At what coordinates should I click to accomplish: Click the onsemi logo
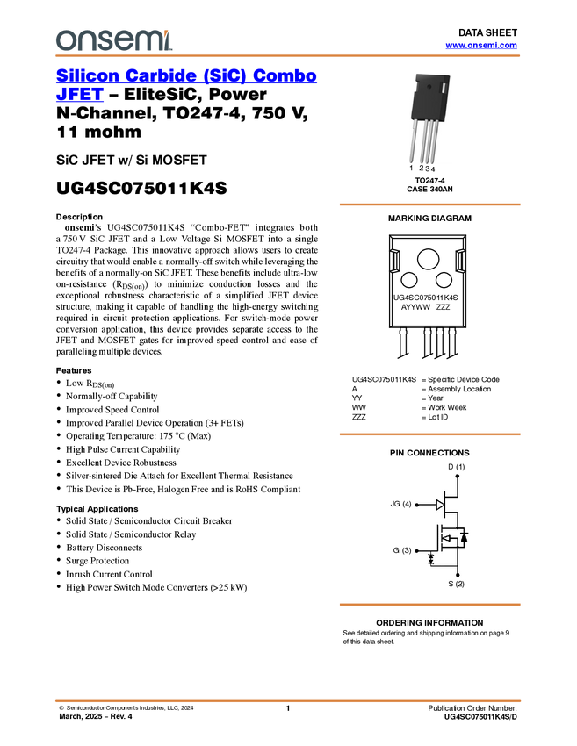(x=112, y=39)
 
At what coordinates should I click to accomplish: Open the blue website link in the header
(x=481, y=46)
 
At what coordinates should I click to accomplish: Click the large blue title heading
(x=186, y=76)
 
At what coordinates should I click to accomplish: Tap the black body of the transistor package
(x=429, y=101)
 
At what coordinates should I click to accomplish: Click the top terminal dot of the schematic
(x=458, y=476)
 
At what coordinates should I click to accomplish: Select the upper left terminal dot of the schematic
(x=416, y=505)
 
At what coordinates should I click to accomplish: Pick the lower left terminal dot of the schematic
(x=416, y=551)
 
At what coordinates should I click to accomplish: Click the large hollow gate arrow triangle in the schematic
(x=440, y=505)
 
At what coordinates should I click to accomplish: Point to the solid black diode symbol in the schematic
(x=464, y=536)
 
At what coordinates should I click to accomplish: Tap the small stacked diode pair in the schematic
(x=430, y=558)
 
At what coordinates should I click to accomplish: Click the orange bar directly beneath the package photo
(x=429, y=204)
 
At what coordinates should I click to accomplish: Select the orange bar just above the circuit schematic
(x=429, y=434)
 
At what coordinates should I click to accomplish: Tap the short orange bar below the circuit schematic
(x=429, y=605)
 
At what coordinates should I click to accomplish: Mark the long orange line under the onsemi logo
(x=288, y=56)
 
